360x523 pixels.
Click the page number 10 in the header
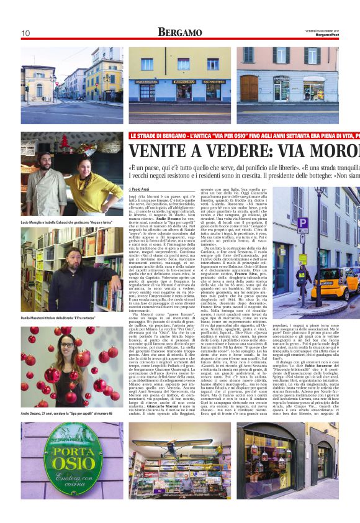coord(25,33)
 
